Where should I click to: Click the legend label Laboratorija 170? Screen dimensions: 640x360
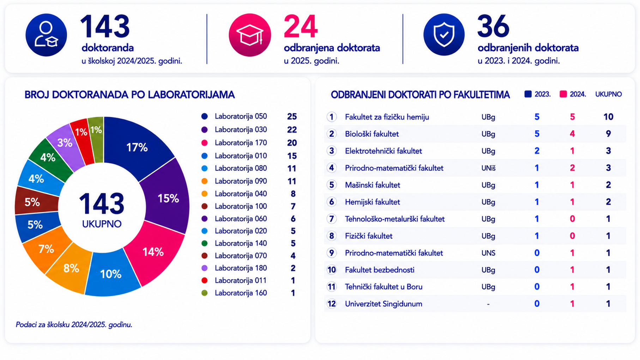(x=241, y=143)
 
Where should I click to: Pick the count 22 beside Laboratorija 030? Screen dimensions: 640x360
(x=292, y=130)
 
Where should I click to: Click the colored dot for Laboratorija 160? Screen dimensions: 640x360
(x=204, y=293)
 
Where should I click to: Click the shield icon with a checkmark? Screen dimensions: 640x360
(x=444, y=35)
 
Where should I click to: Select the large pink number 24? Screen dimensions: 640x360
(x=301, y=27)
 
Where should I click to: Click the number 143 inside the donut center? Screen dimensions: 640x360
(x=102, y=204)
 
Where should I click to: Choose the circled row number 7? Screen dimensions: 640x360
(x=331, y=219)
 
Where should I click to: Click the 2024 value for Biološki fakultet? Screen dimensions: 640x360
(x=572, y=134)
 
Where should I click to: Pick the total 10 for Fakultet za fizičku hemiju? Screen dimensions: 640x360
(x=608, y=117)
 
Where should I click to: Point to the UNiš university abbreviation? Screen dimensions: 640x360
(x=488, y=168)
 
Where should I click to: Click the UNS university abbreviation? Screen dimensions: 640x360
(x=488, y=253)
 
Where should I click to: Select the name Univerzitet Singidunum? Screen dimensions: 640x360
(x=384, y=304)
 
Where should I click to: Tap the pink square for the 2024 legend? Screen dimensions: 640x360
(x=563, y=94)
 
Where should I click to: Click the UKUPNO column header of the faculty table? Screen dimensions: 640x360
(x=609, y=94)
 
